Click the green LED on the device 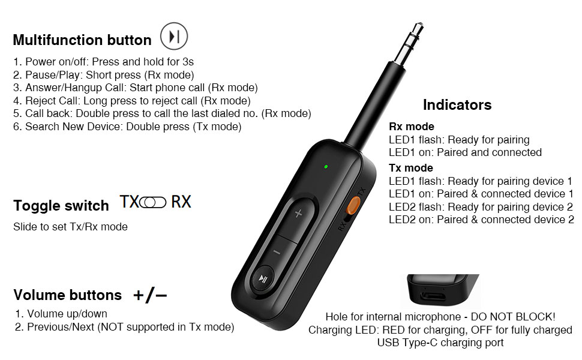(x=326, y=167)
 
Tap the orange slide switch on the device (x=353, y=205)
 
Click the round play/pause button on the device (x=263, y=278)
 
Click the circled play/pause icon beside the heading (x=174, y=37)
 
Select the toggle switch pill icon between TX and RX (x=153, y=203)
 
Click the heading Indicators (x=457, y=105)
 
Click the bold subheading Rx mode (x=411, y=127)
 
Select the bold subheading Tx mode (x=411, y=168)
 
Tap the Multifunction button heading (x=82, y=40)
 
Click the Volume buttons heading (x=68, y=295)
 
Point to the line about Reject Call (x=132, y=101)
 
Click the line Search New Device (x=127, y=127)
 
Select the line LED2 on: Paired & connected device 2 (x=481, y=220)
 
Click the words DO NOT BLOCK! (x=513, y=317)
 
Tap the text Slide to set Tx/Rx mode (x=71, y=227)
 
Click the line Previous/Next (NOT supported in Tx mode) (x=124, y=327)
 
